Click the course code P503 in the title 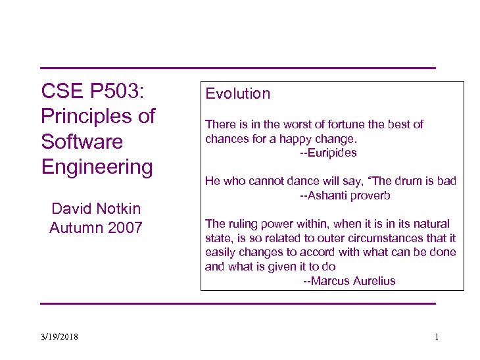click(114, 91)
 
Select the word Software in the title click(82, 141)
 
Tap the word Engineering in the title click(97, 167)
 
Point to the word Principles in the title click(85, 116)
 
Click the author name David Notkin click(96, 209)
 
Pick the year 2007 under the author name click(122, 228)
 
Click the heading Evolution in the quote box click(237, 93)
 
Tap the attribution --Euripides click(328, 153)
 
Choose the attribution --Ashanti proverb click(345, 195)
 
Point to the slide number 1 click(437, 337)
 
